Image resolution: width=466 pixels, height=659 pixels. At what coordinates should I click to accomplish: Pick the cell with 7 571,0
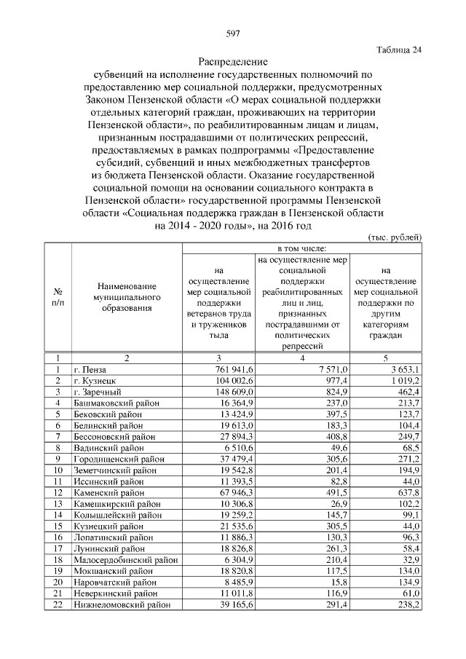tap(335, 369)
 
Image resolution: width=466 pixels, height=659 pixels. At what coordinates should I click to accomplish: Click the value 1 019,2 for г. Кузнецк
tap(403, 380)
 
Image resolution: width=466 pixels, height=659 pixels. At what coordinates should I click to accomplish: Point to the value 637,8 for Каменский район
tap(408, 492)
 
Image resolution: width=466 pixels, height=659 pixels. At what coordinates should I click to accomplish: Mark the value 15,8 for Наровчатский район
tap(340, 582)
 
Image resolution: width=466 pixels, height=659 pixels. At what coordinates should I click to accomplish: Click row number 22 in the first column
tap(56, 604)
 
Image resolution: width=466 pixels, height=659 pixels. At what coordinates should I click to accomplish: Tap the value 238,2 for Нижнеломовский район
tap(408, 604)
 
